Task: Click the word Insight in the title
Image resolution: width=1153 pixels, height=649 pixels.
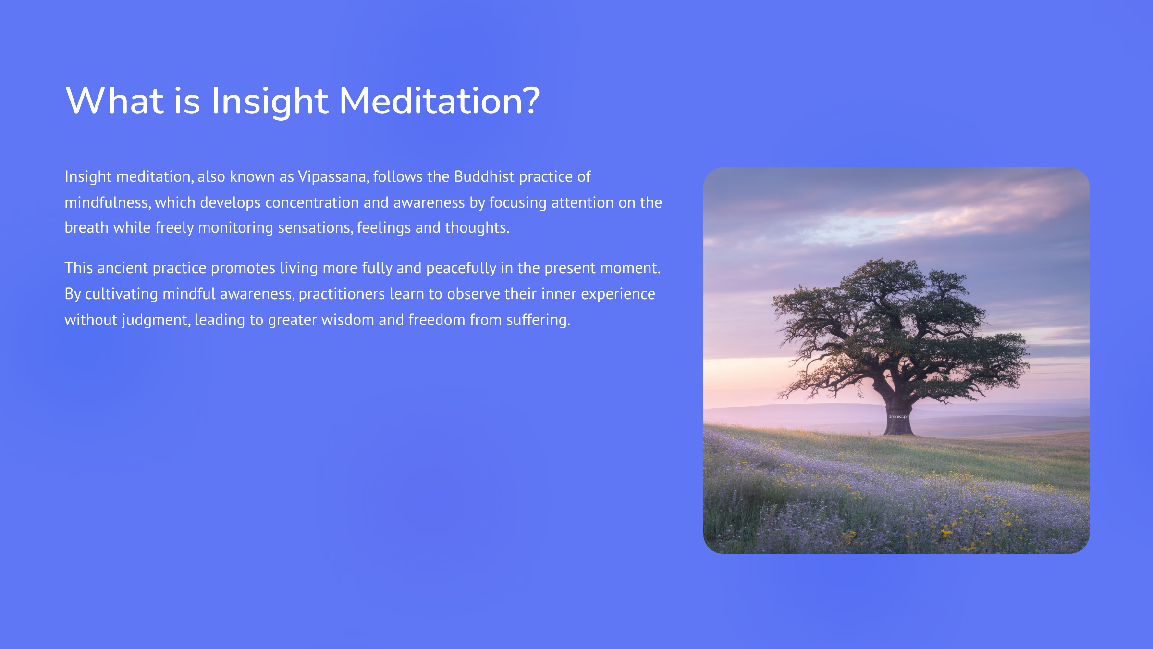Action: click(270, 101)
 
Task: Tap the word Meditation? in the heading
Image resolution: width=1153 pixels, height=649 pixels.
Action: click(440, 101)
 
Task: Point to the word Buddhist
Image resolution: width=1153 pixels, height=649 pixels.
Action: click(484, 176)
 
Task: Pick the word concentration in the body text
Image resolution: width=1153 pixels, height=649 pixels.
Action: click(312, 202)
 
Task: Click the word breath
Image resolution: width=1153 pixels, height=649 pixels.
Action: click(86, 227)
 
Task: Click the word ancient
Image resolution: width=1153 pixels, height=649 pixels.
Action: click(123, 268)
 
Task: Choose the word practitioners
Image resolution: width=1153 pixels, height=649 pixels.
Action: click(342, 294)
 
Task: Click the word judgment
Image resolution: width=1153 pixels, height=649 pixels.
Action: click(155, 320)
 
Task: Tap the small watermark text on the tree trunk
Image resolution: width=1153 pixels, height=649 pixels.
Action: click(898, 416)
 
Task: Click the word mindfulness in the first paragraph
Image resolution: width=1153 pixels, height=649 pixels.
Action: click(107, 202)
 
